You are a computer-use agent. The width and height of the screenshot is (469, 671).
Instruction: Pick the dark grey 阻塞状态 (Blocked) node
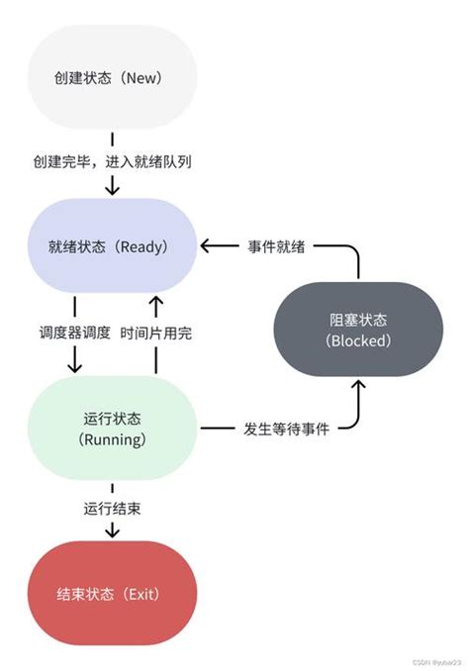click(357, 331)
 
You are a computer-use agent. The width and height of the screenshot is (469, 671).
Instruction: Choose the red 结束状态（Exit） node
click(112, 594)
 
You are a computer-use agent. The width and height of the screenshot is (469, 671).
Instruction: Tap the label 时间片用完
click(155, 334)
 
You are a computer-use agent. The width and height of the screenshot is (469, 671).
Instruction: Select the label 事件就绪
click(282, 246)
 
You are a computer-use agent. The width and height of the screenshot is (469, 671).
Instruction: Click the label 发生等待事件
click(286, 428)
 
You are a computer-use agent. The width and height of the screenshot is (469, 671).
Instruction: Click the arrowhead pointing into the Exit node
click(112, 532)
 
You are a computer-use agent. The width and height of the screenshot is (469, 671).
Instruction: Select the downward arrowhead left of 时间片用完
click(74, 365)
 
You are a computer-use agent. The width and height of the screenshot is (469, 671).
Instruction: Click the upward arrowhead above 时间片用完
click(155, 300)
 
